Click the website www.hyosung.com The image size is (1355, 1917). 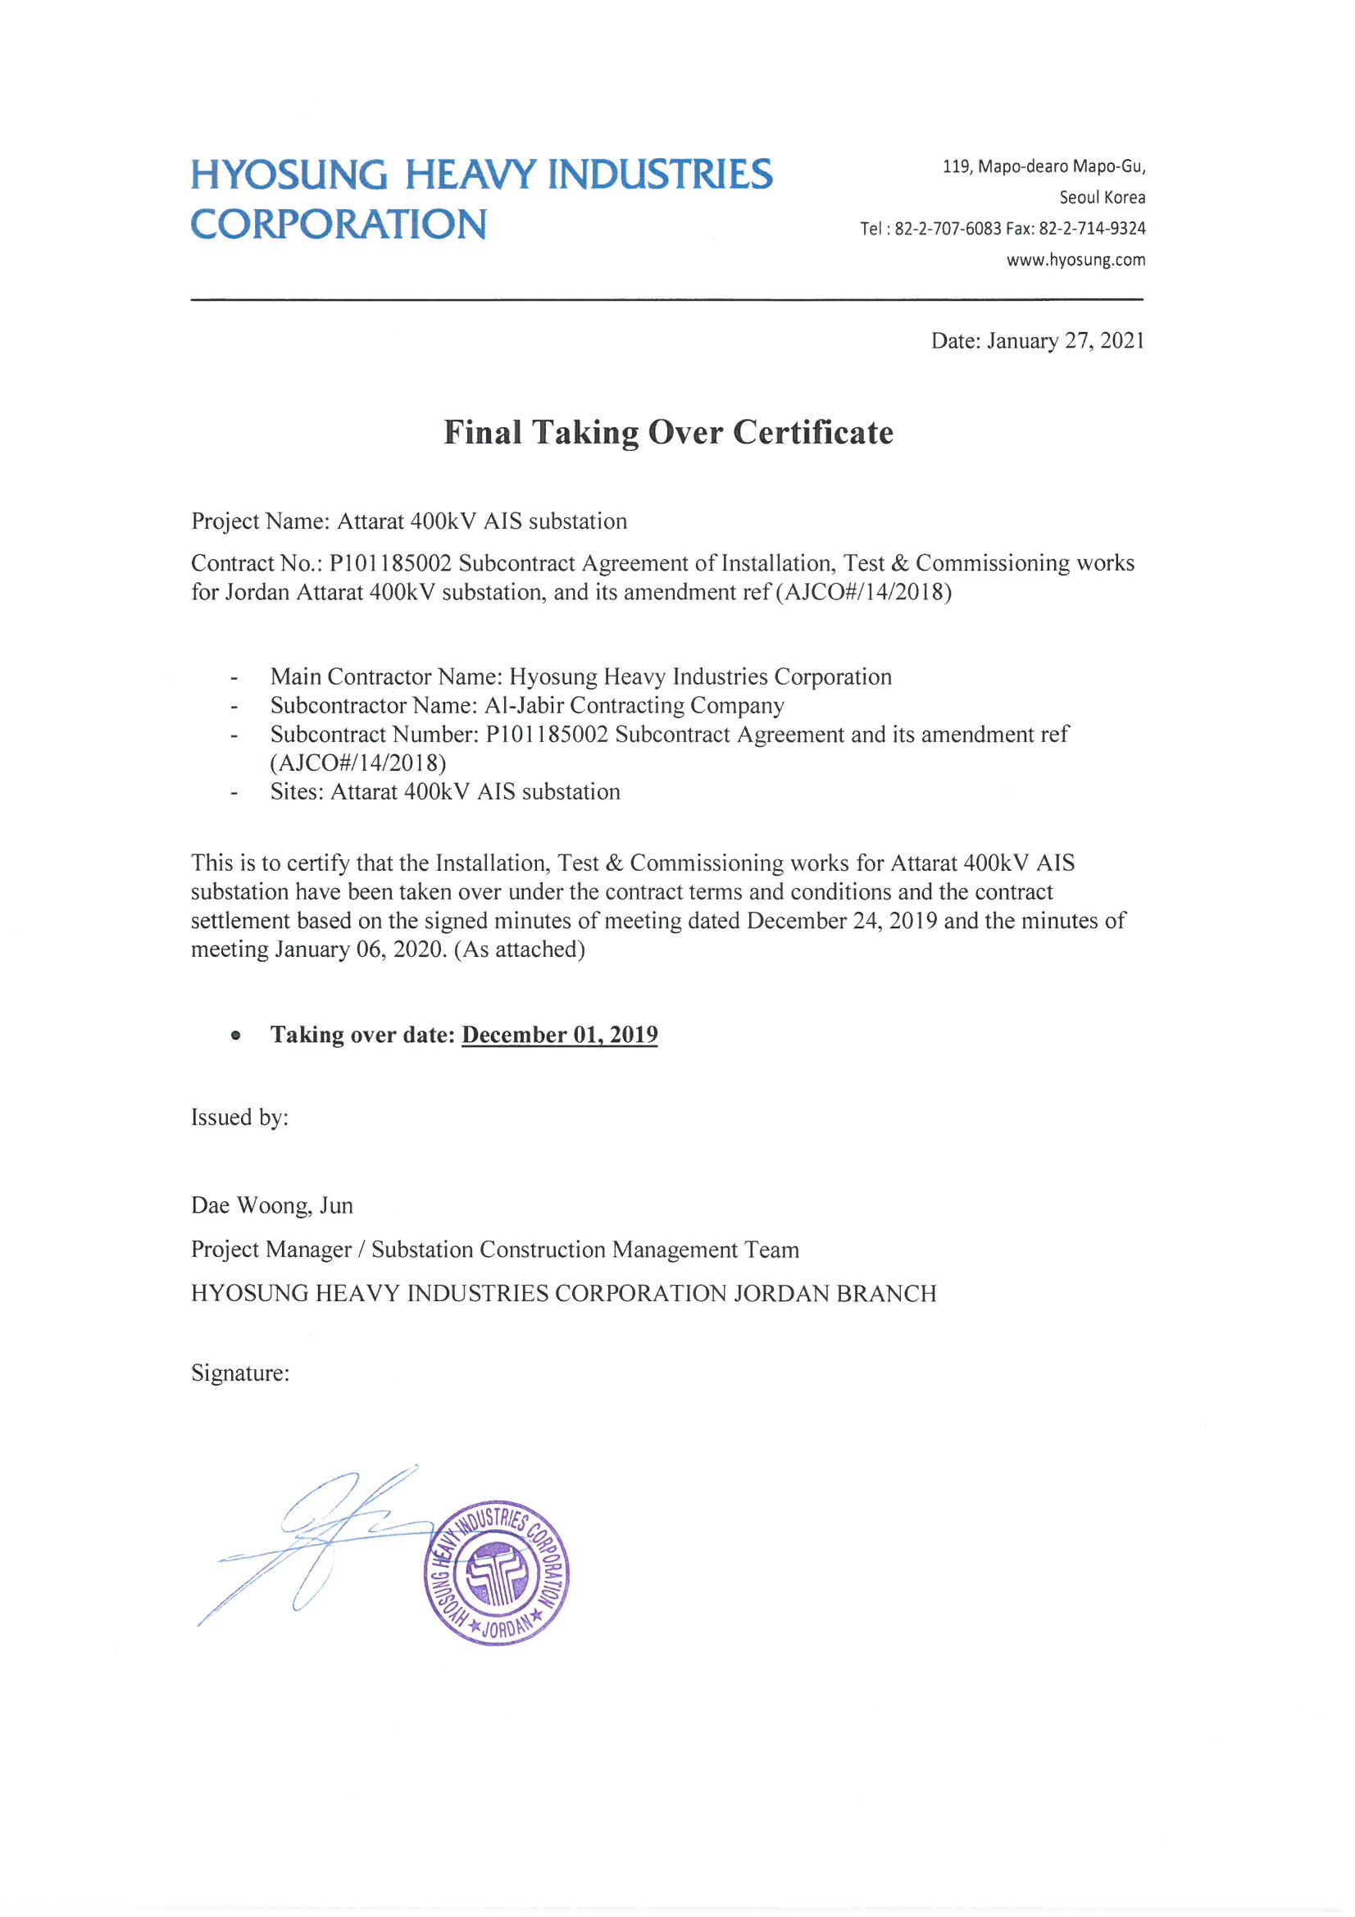[1075, 260]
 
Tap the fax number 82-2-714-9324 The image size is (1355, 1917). [1092, 228]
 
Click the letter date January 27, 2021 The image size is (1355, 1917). [1066, 340]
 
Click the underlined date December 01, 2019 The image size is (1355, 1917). [559, 1035]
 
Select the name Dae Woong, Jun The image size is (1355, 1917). [272, 1205]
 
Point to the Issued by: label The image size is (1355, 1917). [239, 1117]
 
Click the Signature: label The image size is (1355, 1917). [240, 1373]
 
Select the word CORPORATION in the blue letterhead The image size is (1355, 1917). [338, 225]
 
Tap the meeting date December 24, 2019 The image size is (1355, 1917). [842, 920]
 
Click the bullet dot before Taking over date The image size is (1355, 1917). [236, 1036]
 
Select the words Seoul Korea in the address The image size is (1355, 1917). [1102, 197]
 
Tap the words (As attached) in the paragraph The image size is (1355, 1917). [519, 949]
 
